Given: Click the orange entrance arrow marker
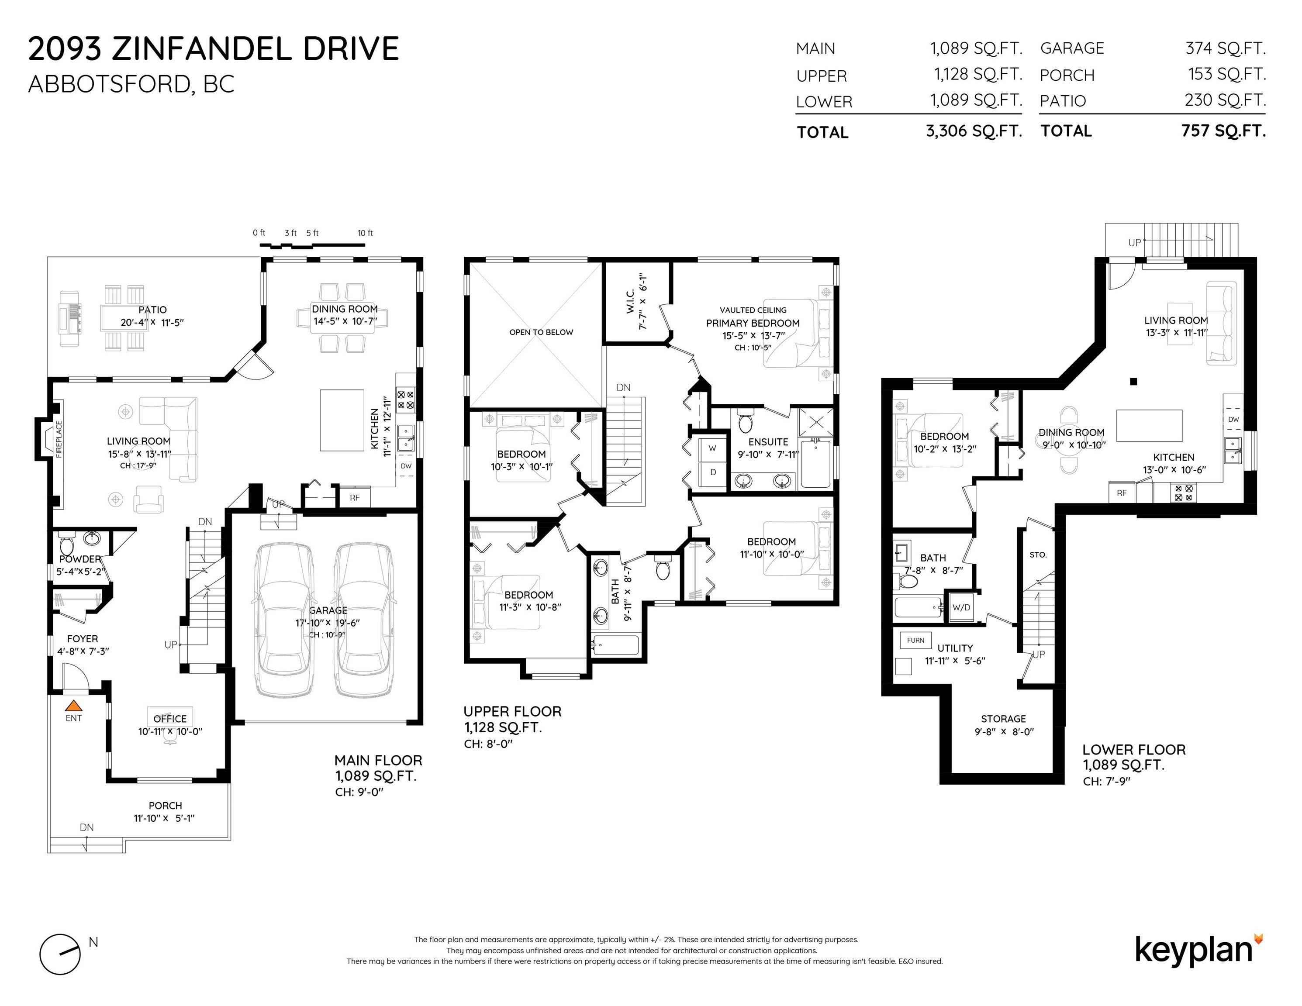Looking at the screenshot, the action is point(73,705).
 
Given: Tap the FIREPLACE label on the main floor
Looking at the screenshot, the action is point(59,439).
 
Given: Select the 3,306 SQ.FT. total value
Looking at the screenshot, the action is point(974,131).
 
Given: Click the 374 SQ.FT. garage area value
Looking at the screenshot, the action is point(1226,48).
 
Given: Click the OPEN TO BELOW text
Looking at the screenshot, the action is point(541,332).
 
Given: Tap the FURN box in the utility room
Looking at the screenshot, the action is point(916,640).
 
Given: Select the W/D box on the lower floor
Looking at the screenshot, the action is point(961,607).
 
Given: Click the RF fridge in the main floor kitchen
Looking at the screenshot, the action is point(355,497).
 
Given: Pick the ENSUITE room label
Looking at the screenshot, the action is point(768,441).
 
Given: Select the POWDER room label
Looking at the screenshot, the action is point(80,559).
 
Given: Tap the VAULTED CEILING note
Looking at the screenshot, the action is point(753,310).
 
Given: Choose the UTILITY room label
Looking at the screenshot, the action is point(955,648).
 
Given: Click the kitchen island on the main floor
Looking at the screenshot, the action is point(342,420).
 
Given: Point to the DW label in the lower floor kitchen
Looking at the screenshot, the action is point(1233,419).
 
